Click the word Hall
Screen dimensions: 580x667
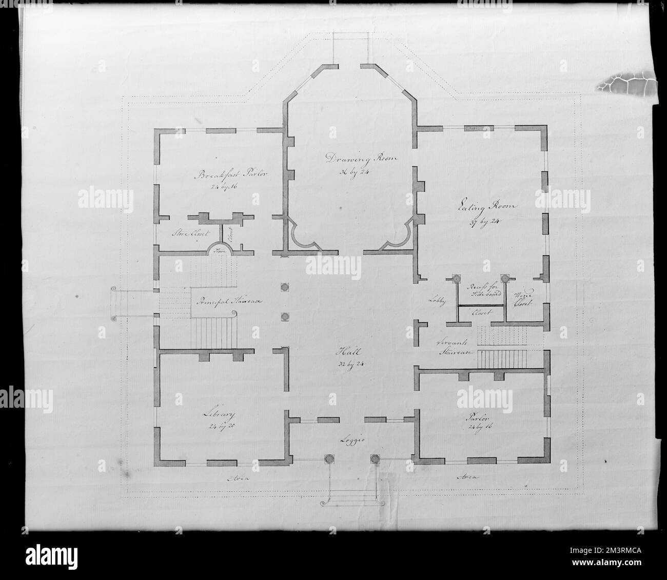pos(345,352)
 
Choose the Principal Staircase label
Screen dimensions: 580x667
pos(228,302)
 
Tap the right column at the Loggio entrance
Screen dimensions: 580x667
pos(374,459)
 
